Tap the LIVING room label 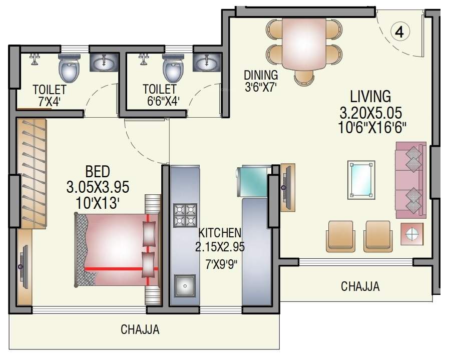coord(370,96)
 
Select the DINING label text coord(260,75)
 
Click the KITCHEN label coord(220,233)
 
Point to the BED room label coord(98,172)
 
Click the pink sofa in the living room coord(411,180)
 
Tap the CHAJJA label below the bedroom coord(140,330)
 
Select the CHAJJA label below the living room coord(360,287)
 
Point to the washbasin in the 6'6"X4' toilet coord(206,64)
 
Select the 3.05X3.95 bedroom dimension coord(98,187)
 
